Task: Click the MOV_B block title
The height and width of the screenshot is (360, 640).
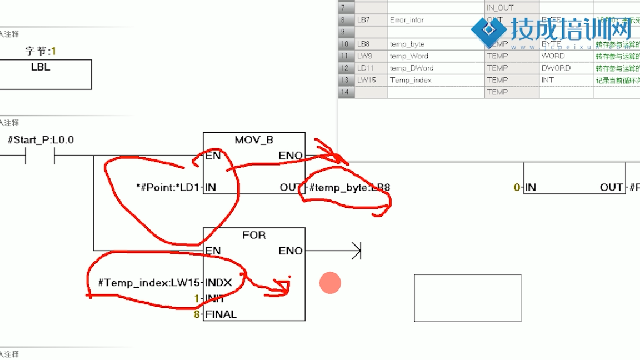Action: pos(254,140)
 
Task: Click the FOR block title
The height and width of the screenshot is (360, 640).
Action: pos(254,235)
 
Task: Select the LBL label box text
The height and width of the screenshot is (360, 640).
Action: pos(41,67)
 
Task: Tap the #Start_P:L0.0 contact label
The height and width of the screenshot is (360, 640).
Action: pos(41,140)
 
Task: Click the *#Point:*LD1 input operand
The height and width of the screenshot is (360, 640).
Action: pos(167,188)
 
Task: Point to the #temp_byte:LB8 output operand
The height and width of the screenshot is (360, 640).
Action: pos(349,188)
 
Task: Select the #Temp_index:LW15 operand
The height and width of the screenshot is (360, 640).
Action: pos(148,283)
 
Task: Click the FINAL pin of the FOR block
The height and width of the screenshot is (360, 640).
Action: pos(221,314)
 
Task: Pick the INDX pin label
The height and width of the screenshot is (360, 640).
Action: pos(218,283)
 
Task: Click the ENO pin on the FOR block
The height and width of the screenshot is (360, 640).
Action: pos(291,251)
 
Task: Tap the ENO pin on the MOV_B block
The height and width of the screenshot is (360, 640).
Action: pos(291,156)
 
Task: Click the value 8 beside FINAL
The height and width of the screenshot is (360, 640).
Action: pos(196,314)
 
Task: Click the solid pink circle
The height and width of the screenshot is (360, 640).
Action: pos(330,283)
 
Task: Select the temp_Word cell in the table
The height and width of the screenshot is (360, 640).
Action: pos(409,56)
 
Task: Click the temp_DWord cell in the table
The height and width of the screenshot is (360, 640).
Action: pos(411,68)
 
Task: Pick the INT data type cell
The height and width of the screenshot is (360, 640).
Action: pos(548,80)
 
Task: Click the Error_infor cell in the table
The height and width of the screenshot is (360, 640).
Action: pos(407,20)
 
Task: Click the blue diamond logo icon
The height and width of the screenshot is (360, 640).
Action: pos(489,29)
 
